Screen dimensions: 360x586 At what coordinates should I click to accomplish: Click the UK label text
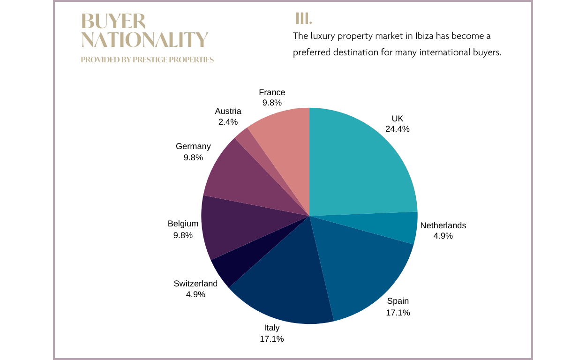pos(398,119)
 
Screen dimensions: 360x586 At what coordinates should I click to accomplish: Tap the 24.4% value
pos(398,129)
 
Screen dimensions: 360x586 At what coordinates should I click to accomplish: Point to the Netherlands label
pos(443,225)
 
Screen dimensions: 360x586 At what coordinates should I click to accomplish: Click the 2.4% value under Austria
pos(228,122)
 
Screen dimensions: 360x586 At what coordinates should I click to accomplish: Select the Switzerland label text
pos(195,284)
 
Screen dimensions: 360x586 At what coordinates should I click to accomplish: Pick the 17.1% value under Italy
pos(272,338)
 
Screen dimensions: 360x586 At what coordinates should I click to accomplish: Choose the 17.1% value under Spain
pos(398,312)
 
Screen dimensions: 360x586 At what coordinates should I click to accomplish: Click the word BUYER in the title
pos(113,22)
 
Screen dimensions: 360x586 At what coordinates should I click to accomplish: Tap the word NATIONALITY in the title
pos(144,40)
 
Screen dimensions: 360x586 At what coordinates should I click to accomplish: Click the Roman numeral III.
pos(303,19)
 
